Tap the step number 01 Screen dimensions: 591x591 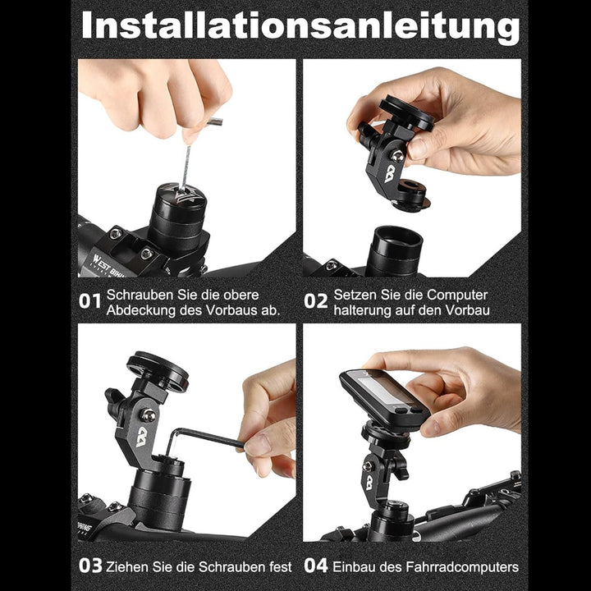[89, 301]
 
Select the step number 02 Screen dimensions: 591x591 [315, 301]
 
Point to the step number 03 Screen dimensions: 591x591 [89, 566]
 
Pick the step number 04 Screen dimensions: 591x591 [315, 566]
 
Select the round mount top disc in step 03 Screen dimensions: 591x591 [158, 369]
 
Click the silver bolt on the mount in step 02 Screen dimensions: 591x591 [397, 155]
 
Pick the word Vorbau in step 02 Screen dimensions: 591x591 [467, 309]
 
